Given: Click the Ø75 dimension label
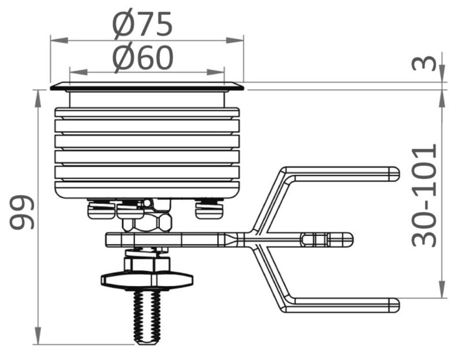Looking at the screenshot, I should pos(142,24).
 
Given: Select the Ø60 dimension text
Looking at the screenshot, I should pos(142,58).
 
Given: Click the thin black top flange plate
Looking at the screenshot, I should pos(146,87).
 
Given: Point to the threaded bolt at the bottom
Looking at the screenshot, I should pos(147,315).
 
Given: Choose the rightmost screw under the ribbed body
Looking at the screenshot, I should pos(209,209).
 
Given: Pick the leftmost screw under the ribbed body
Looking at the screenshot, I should pos(98,209).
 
